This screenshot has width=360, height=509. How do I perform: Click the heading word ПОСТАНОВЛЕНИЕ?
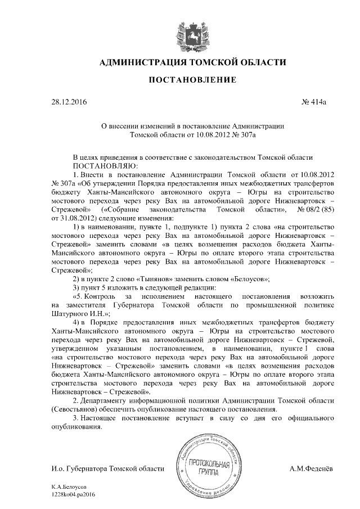click(180, 80)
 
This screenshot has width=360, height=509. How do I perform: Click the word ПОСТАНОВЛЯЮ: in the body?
click(102, 167)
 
